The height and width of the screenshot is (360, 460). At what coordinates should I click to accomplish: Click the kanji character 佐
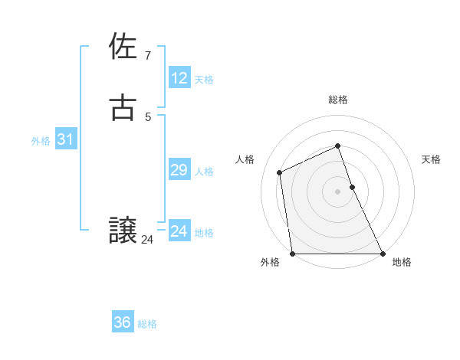click(x=123, y=47)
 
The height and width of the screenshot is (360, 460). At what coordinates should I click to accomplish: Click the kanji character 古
click(x=123, y=107)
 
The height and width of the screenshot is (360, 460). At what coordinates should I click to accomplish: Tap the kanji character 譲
click(x=123, y=231)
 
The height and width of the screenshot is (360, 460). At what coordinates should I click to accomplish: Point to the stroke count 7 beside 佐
click(x=148, y=55)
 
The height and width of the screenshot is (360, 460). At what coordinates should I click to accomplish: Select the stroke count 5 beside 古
click(x=148, y=116)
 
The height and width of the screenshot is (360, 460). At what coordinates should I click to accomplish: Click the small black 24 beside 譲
click(x=147, y=240)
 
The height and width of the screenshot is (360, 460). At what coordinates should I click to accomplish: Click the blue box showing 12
click(x=179, y=78)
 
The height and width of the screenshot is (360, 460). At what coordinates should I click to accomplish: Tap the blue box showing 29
click(x=179, y=170)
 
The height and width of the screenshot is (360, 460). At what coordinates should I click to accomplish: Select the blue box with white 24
click(x=179, y=231)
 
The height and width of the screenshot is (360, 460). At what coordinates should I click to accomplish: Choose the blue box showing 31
click(x=65, y=139)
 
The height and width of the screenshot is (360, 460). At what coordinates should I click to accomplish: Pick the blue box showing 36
click(x=123, y=322)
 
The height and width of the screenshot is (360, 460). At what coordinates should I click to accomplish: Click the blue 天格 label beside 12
click(x=204, y=80)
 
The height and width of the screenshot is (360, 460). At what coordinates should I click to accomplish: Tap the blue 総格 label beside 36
click(x=147, y=324)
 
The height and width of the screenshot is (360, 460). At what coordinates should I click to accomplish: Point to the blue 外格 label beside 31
click(x=41, y=141)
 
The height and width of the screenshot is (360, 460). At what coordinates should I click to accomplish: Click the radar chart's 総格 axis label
click(x=338, y=100)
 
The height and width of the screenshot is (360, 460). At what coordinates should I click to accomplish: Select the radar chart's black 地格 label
click(x=402, y=262)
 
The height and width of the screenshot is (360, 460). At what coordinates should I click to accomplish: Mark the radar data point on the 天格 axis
click(x=352, y=187)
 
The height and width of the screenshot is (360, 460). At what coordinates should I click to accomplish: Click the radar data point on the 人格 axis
click(x=280, y=172)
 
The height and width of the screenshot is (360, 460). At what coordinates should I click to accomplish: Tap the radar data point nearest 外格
click(x=292, y=254)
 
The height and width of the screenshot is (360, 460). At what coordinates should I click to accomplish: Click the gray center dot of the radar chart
click(x=338, y=191)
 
